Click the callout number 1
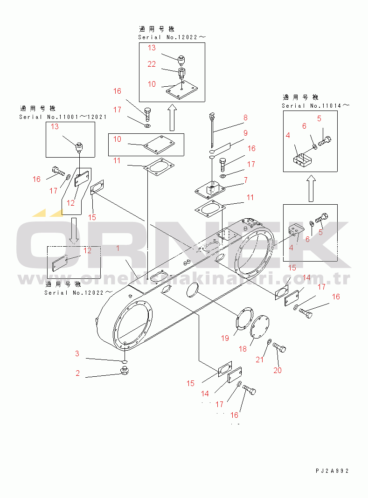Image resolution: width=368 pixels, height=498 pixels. click(x=118, y=249)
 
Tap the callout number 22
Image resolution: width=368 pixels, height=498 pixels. click(x=152, y=64)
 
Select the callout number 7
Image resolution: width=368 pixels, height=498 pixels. click(x=245, y=180)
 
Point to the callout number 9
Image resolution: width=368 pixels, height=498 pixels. click(x=245, y=133)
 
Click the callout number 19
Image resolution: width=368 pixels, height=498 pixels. click(x=225, y=338)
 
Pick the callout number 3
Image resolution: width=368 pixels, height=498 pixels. click(x=77, y=354)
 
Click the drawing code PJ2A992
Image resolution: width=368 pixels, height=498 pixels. click(x=331, y=471)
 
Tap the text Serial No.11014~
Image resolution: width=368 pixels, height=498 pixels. click(x=315, y=106)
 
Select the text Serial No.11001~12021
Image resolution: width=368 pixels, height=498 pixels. click(x=65, y=117)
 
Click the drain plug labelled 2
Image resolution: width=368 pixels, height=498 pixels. click(x=124, y=371)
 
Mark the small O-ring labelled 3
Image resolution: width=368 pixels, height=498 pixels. click(x=125, y=362)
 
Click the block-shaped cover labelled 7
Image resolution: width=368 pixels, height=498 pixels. click(x=211, y=189)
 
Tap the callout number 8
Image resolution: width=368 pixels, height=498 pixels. click(x=245, y=118)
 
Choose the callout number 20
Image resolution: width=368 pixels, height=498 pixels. click(x=278, y=370)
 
